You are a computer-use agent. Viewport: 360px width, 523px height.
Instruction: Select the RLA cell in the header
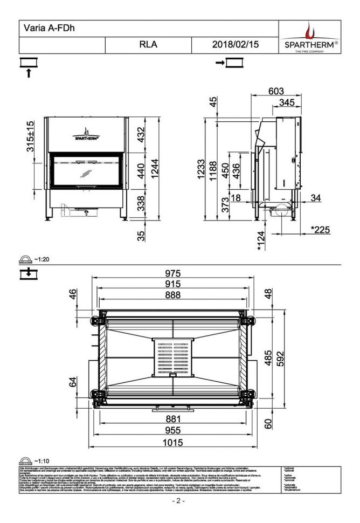pos(148,45)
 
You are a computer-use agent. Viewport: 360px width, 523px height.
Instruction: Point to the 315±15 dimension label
pos(31,136)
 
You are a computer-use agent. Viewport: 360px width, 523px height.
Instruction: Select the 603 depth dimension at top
pos(276,91)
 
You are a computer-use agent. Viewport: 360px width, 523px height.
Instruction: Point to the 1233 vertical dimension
pos(200,170)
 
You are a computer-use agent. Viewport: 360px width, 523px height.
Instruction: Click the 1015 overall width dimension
pos(173,443)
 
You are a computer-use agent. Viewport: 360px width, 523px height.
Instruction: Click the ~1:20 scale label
pos(41,259)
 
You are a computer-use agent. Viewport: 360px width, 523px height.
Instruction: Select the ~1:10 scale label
pos(41,461)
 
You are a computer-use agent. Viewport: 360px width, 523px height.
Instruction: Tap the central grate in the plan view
pos(172,357)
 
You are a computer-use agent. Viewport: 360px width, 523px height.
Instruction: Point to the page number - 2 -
pos(178,501)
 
